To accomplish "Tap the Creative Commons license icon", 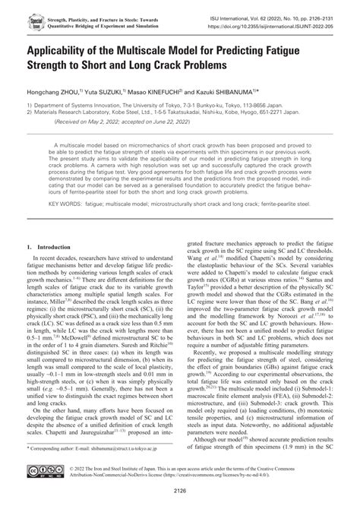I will pos(41,473).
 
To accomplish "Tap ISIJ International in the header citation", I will pos(240,8).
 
